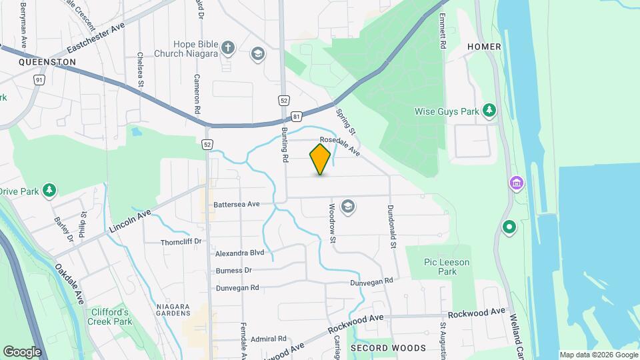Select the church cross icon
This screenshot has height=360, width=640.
[x=229, y=47]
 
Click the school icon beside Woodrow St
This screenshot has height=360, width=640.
[x=347, y=207]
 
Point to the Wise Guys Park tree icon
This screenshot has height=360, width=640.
[x=490, y=111]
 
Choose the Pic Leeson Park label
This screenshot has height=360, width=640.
[x=447, y=267]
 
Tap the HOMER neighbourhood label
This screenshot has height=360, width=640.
[x=484, y=46]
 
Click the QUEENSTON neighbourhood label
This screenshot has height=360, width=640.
[x=47, y=61]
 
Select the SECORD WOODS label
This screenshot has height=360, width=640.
[x=388, y=348]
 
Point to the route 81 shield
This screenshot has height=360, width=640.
[x=296, y=115]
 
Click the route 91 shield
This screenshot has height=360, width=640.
[x=39, y=79]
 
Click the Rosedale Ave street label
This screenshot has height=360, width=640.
[x=339, y=147]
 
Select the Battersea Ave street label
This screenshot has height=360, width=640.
[x=237, y=204]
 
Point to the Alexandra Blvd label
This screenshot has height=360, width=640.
[x=240, y=253]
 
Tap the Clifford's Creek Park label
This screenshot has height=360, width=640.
[x=109, y=317]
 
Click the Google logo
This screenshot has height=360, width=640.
[x=22, y=351]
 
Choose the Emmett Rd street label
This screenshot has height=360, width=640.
[x=442, y=31]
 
